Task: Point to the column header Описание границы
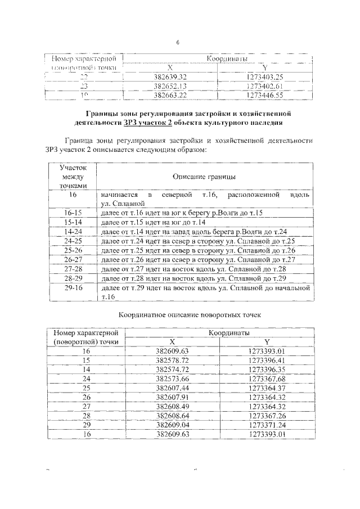coord(204,177)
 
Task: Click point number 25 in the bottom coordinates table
coord(85,388)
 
